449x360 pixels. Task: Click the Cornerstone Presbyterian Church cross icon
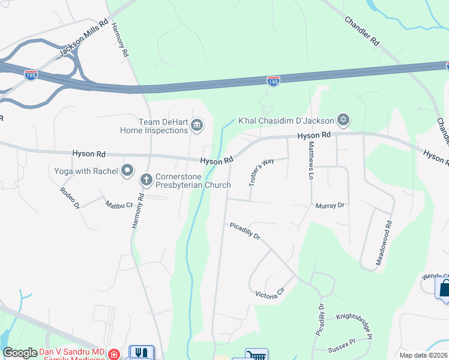(x=146, y=179)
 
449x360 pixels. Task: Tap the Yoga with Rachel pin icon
(x=127, y=171)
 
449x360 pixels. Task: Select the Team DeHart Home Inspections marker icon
(x=197, y=125)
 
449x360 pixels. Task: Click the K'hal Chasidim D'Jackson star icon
(x=343, y=119)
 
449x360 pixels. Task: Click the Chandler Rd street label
(x=362, y=31)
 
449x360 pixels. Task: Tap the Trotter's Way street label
(x=261, y=172)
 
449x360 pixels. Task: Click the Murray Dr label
(x=330, y=205)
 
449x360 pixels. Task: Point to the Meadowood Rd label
(x=384, y=244)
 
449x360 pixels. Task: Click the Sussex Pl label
(x=342, y=349)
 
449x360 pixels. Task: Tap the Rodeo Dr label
(x=70, y=197)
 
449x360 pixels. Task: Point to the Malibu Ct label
(x=119, y=205)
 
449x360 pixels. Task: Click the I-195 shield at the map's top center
(x=273, y=80)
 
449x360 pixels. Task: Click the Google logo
(x=20, y=353)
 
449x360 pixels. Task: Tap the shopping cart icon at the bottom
(x=257, y=355)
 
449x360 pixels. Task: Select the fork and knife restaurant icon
(x=141, y=353)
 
